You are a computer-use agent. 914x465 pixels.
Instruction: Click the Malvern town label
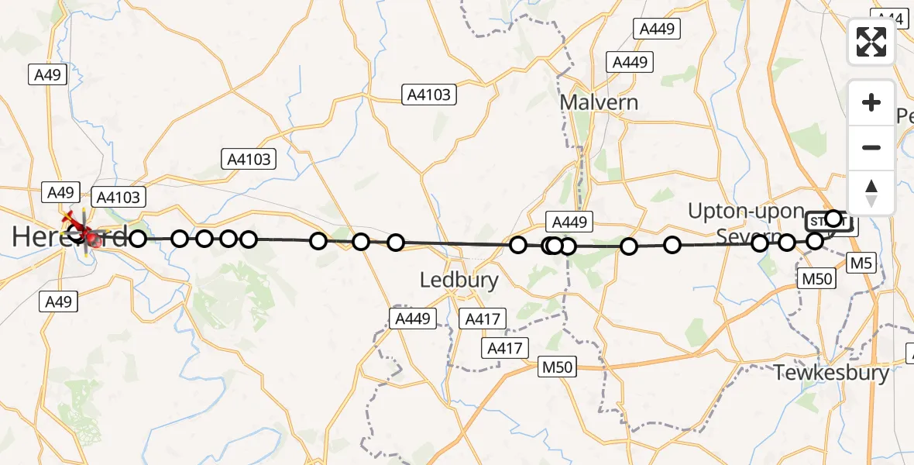(x=599, y=102)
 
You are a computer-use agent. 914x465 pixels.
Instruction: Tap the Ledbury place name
(x=459, y=280)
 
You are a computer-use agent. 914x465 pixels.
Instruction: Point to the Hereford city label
(x=70, y=238)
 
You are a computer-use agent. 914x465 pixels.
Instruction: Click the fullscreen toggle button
(x=871, y=42)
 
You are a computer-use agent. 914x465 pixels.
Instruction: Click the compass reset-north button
(x=871, y=193)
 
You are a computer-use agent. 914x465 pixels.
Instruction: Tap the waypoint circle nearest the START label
(x=833, y=219)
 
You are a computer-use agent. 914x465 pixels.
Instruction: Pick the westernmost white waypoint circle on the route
(x=137, y=239)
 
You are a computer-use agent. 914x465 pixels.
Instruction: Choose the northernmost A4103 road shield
(x=429, y=95)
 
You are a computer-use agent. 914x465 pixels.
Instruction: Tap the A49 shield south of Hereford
(x=58, y=302)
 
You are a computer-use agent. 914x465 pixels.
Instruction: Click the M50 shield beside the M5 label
(x=816, y=279)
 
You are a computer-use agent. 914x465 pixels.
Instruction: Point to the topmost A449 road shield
(x=656, y=29)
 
